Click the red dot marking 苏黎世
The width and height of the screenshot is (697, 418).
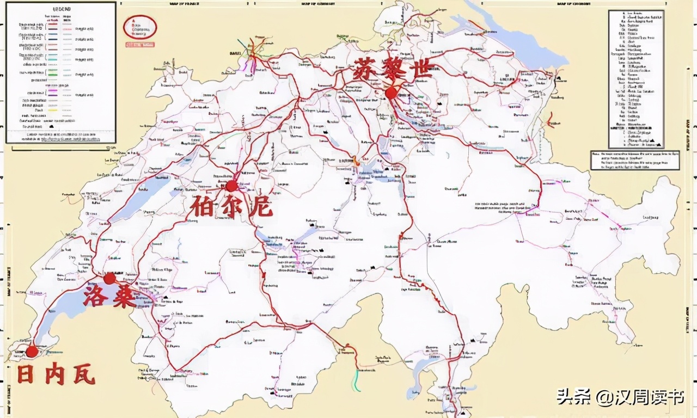[x=390, y=93]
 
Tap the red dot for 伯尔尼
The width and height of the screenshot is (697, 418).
[x=231, y=186]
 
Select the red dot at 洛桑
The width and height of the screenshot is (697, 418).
[x=109, y=279]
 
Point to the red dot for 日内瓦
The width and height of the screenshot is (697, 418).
[x=32, y=351]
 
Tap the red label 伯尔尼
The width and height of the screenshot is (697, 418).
[x=231, y=207]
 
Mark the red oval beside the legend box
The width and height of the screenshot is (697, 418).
[x=140, y=27]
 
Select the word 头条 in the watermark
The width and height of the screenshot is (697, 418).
[x=568, y=398]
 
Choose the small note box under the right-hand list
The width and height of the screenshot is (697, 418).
[x=634, y=161]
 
